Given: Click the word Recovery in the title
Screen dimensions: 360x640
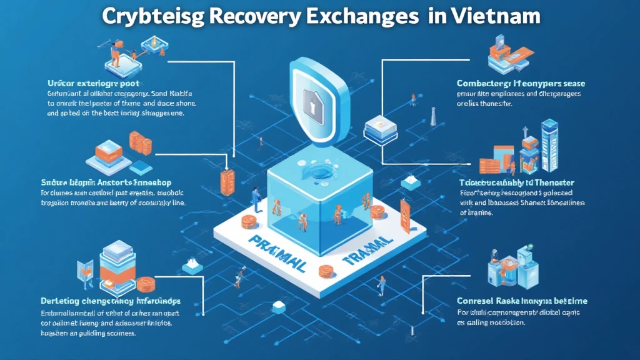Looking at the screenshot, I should (x=256, y=15).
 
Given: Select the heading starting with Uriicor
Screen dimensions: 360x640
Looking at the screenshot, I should (x=93, y=82).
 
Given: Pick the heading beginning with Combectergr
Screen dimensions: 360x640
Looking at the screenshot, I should (x=521, y=82).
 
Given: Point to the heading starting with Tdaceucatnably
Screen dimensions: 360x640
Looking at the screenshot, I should (x=516, y=182).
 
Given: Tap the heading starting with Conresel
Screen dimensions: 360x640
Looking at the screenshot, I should (x=522, y=301).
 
